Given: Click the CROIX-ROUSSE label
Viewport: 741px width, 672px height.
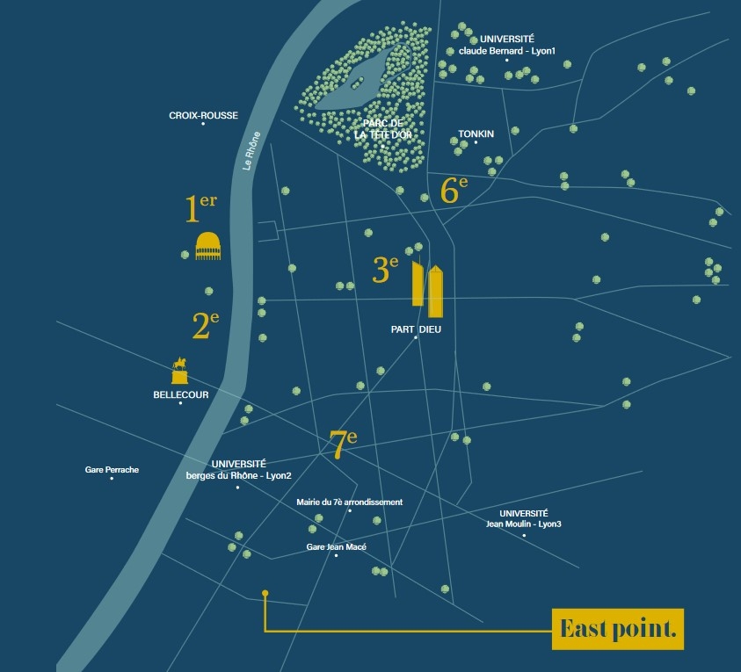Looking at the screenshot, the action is pyautogui.click(x=203, y=115).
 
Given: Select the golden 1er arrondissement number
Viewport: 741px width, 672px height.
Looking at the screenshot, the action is pyautogui.click(x=200, y=208).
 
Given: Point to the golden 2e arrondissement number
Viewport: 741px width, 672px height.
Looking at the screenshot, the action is pyautogui.click(x=206, y=325).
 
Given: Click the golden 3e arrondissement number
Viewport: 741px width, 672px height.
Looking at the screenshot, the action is pyautogui.click(x=385, y=269).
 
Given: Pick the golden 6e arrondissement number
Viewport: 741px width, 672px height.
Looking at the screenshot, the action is pyautogui.click(x=454, y=190).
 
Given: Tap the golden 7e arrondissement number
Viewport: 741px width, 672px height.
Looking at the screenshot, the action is pyautogui.click(x=344, y=444).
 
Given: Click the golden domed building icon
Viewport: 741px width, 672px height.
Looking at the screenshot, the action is pyautogui.click(x=208, y=246).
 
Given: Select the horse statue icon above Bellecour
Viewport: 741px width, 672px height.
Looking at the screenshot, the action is pyautogui.click(x=179, y=370).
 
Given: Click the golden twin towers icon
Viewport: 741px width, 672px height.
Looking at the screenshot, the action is pyautogui.click(x=428, y=287).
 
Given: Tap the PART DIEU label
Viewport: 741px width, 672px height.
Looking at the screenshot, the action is pyautogui.click(x=416, y=329).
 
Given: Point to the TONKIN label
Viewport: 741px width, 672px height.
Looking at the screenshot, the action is pyautogui.click(x=476, y=134).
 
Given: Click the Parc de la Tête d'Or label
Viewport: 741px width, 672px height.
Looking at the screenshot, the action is pyautogui.click(x=382, y=129).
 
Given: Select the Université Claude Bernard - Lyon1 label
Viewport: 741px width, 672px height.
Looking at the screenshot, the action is pyautogui.click(x=507, y=45).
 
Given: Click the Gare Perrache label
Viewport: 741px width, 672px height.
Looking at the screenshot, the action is pyautogui.click(x=112, y=469).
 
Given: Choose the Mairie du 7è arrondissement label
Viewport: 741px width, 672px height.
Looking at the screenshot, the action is pyautogui.click(x=350, y=502).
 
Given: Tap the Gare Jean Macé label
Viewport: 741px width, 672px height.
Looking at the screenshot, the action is pyautogui.click(x=336, y=547).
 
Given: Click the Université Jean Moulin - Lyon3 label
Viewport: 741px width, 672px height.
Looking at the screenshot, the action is pyautogui.click(x=524, y=518).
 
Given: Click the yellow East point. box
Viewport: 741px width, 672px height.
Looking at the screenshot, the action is pyautogui.click(x=618, y=629).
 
